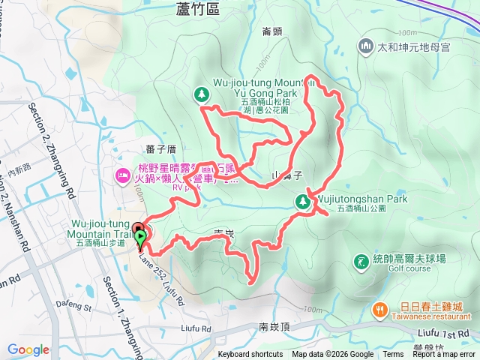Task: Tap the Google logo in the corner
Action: point(28,349)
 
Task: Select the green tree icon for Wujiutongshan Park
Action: point(302,200)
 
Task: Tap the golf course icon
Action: point(361,261)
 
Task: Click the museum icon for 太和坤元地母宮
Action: point(366,46)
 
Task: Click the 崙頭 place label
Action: point(271,31)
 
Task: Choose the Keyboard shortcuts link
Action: point(250,355)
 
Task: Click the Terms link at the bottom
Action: point(393,355)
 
